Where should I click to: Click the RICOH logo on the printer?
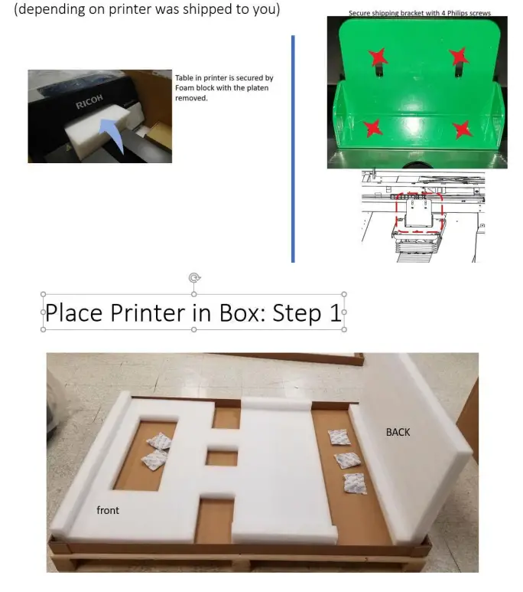(x=89, y=103)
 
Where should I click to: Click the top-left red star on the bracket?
(x=376, y=57)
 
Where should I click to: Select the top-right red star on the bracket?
(x=458, y=56)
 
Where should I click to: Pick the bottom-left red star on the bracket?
(x=372, y=128)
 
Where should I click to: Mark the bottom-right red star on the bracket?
(x=462, y=129)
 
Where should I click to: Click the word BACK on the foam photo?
(x=398, y=432)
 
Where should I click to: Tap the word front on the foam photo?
(x=108, y=510)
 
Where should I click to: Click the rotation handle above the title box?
(x=194, y=278)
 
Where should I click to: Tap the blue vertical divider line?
(x=292, y=146)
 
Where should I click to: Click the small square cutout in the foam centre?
(x=221, y=457)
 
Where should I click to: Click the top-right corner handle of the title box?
(x=344, y=294)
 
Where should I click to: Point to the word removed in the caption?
(x=191, y=98)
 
